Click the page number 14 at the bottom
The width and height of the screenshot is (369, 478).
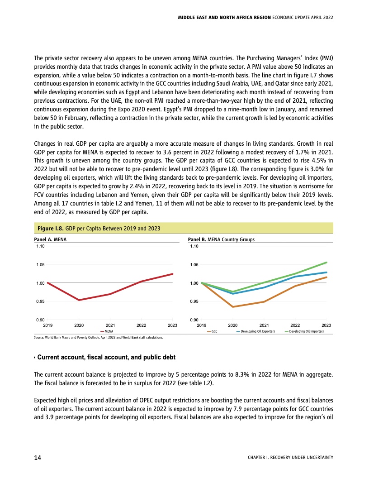tap(38, 458)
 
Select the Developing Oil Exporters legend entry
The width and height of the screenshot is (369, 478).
tap(255, 332)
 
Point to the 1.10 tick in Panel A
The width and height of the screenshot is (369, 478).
tap(41, 246)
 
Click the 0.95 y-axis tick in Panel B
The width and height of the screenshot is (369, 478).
tap(194, 301)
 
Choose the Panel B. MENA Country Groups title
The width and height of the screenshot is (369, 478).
tap(221, 240)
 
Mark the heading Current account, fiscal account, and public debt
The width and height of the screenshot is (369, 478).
tap(106, 358)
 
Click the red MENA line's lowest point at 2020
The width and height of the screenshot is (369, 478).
tap(79, 300)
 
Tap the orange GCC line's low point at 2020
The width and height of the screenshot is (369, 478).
tap(233, 307)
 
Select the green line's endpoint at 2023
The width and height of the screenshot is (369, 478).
tap(326, 263)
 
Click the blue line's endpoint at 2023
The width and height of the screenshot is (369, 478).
tap(326, 272)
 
